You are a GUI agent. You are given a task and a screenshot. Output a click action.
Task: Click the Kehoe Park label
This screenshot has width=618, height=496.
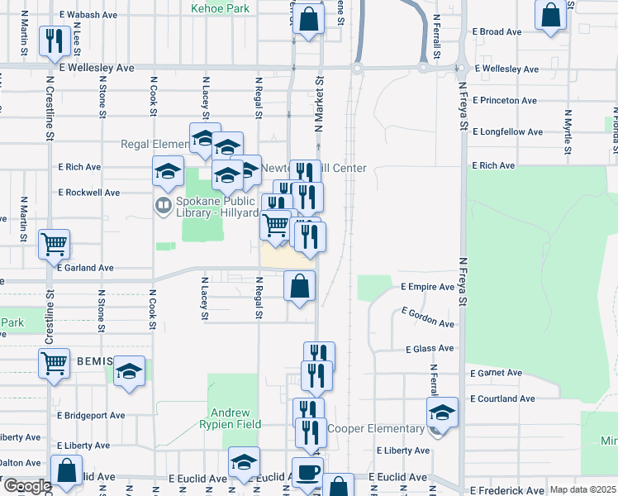pos(220,8)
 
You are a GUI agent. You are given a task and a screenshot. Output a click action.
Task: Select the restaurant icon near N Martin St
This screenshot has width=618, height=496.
pos(55,40)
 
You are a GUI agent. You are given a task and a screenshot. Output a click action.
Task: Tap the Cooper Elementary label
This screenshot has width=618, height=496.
pos(376,428)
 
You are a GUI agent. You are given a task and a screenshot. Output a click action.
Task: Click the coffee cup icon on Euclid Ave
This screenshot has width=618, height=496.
pos(307,471)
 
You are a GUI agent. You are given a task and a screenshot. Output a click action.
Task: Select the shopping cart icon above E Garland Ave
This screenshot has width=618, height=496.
pos(55,244)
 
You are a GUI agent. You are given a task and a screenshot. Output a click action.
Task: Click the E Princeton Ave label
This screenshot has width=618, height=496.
pos(505,101)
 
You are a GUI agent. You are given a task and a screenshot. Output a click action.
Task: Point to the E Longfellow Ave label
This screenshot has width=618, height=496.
pos(507,131)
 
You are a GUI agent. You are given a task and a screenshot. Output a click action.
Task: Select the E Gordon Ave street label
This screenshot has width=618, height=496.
pos(428,317)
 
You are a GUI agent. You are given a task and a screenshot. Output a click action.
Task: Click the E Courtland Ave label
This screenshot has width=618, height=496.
pos(502,398)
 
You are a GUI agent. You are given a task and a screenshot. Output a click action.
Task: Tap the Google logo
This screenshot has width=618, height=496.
pos(26,486)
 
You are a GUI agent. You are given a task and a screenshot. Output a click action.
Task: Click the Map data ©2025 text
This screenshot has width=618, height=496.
pos(582,489)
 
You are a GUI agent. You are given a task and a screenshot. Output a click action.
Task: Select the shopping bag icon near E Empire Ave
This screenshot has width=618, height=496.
pos(300,286)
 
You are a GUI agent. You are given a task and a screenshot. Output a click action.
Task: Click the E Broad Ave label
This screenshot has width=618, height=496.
pos(497,31)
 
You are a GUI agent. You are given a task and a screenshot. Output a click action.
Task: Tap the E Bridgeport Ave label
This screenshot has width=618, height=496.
pos(91,415)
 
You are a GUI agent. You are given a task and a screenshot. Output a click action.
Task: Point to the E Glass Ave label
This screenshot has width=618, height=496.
pos(429,349)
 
